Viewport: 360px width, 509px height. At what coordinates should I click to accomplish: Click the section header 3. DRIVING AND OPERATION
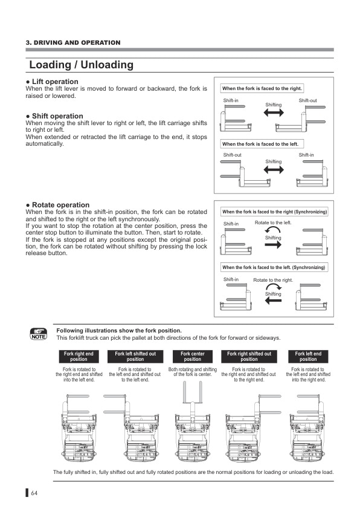pyautogui.click(x=73, y=42)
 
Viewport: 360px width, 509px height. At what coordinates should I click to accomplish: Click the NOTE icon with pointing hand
pyautogui.click(x=38, y=334)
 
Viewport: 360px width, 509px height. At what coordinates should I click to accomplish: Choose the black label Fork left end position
pyautogui.click(x=308, y=357)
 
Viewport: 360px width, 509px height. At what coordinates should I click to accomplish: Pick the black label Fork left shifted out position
pyautogui.click(x=135, y=357)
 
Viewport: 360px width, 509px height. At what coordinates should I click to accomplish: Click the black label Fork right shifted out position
pyautogui.click(x=249, y=357)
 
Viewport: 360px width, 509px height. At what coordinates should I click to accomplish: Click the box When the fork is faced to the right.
pyautogui.click(x=263, y=88)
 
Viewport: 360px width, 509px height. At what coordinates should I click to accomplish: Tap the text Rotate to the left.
pyautogui.click(x=274, y=223)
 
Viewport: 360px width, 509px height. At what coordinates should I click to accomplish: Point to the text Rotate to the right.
pyautogui.click(x=273, y=280)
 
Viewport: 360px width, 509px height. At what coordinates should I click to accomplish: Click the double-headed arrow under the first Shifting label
pyautogui.click(x=274, y=113)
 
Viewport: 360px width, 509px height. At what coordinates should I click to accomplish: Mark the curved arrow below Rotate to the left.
pyautogui.click(x=274, y=231)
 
